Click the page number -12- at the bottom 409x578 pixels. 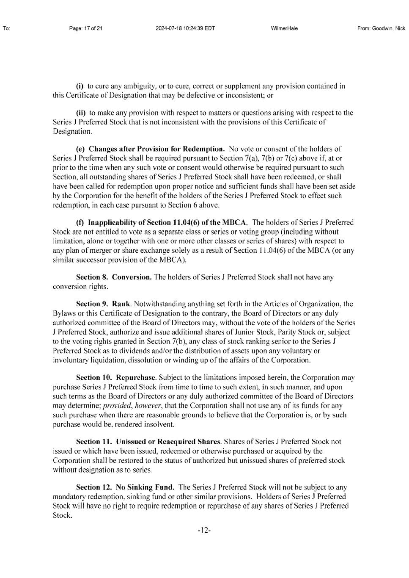[204, 530]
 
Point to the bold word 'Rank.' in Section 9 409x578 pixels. [122, 304]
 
